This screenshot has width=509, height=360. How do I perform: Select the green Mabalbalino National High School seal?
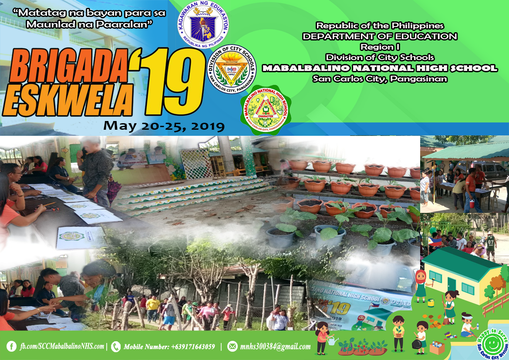266,110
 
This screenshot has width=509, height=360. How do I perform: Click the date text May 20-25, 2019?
164,126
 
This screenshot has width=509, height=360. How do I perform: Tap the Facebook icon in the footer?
12,347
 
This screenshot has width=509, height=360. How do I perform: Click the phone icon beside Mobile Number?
116,347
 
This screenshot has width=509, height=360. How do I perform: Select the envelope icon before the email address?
233,347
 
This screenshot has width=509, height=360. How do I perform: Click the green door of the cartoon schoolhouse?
451,284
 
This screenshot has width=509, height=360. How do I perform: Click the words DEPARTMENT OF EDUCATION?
380,37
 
